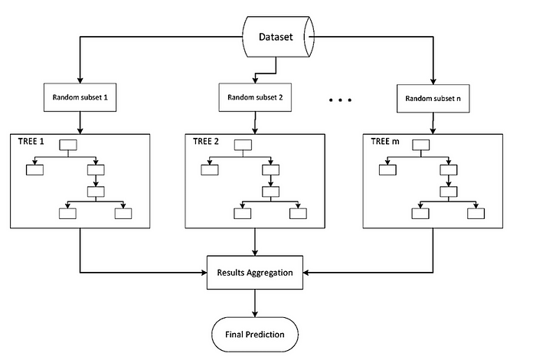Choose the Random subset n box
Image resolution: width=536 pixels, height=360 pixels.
pyautogui.click(x=433, y=100)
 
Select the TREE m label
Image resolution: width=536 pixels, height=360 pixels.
pyautogui.click(x=383, y=142)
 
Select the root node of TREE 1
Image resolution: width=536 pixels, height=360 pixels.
pyautogui.click(x=69, y=144)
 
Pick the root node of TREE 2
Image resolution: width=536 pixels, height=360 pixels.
pyautogui.click(x=243, y=144)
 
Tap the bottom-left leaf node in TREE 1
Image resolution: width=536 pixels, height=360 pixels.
pyautogui.click(x=68, y=213)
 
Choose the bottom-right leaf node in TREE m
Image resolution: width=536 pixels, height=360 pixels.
pyautogui.click(x=476, y=213)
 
